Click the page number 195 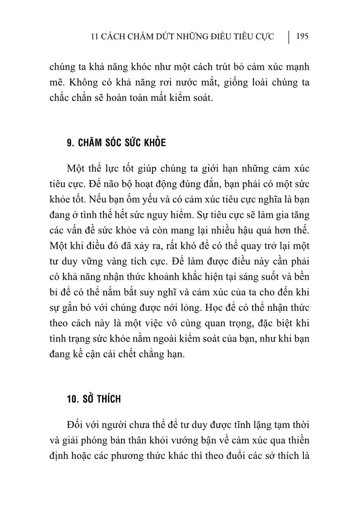tap(302, 37)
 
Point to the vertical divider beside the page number tap(288, 37)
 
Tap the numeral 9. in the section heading tap(70, 143)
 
